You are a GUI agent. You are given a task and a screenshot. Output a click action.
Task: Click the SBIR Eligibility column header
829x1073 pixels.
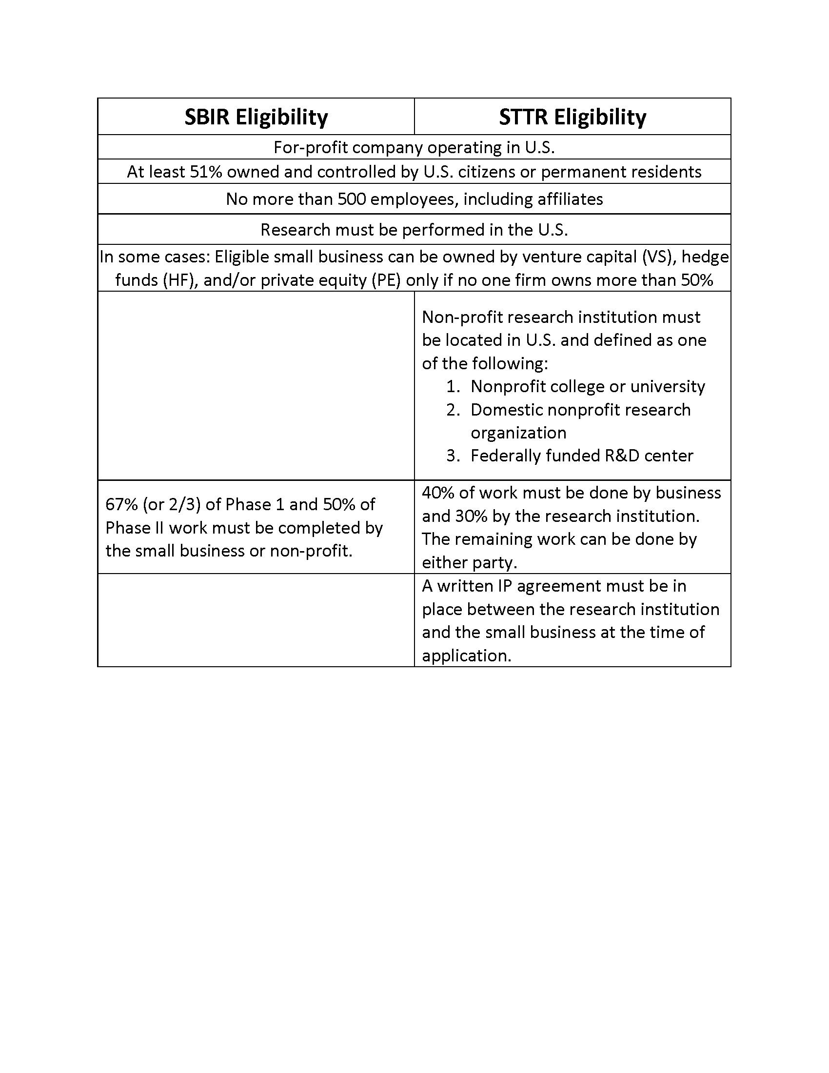pos(256,117)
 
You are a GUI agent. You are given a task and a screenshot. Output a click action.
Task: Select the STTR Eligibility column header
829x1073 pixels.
pos(572,117)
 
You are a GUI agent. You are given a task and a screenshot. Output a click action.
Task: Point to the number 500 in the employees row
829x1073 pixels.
pos(352,199)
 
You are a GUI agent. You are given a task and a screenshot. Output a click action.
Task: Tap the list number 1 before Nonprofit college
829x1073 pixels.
pos(453,387)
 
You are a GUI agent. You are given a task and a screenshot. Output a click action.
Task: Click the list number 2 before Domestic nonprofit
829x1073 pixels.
pos(453,410)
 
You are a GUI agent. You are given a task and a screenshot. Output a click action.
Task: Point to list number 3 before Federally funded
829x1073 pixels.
pos(453,456)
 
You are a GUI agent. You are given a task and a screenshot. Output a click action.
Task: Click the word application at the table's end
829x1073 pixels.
pos(466,656)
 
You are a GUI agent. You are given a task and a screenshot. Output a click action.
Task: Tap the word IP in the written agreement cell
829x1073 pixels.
pos(505,586)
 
